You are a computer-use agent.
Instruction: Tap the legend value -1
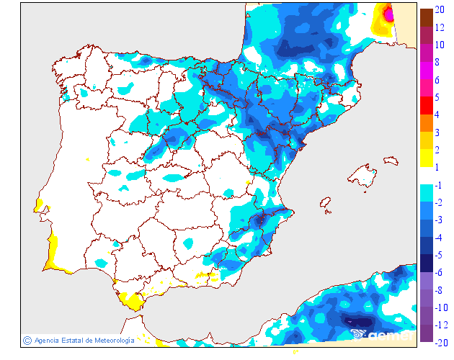[440, 185]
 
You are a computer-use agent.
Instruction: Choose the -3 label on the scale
[440, 220]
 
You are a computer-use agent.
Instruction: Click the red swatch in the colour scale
[426, 106]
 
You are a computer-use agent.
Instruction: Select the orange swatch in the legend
[426, 123]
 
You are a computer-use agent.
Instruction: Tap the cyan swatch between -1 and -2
[426, 194]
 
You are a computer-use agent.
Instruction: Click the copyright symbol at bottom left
[27, 340]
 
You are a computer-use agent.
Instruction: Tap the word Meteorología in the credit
[110, 341]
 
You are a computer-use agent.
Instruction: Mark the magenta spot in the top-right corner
[390, 13]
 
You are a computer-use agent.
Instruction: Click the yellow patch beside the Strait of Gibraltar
[131, 300]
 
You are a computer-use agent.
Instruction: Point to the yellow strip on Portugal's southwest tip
[50, 256]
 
